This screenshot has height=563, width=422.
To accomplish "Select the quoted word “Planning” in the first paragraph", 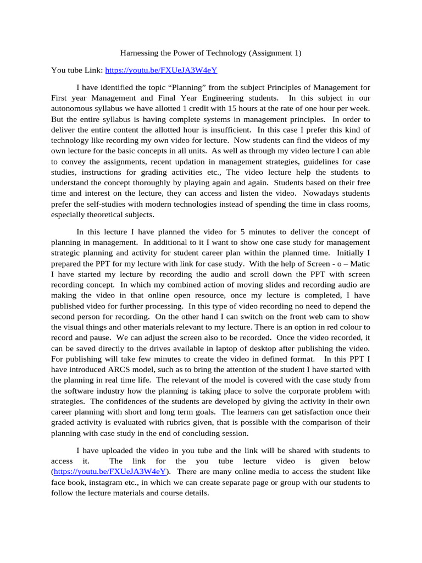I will [177, 87].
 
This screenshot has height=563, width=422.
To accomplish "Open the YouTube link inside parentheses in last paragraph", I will [110, 472].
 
